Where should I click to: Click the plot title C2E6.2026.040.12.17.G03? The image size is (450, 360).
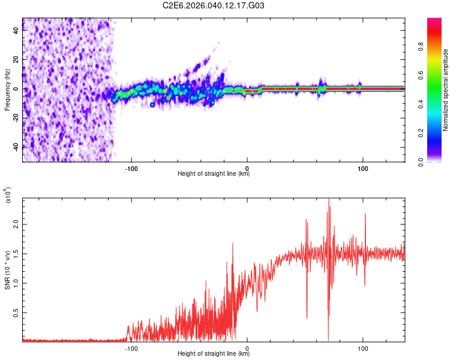click(x=214, y=5)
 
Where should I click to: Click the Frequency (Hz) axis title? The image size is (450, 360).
click(x=7, y=89)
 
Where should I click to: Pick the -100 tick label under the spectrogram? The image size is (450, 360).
click(x=131, y=167)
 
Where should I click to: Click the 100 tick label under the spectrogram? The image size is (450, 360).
click(x=363, y=167)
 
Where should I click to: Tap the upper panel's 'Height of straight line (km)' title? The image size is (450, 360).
click(x=214, y=174)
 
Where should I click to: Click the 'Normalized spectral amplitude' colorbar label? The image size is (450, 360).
click(x=446, y=90)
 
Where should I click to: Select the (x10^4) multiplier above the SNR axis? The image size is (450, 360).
click(x=7, y=195)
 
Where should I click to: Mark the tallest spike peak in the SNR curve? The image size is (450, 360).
click(x=329, y=199)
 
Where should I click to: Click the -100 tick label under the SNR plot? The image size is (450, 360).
click(x=131, y=347)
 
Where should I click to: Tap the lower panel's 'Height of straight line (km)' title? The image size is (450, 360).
click(x=214, y=354)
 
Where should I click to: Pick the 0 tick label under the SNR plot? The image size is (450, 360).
click(x=247, y=347)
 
